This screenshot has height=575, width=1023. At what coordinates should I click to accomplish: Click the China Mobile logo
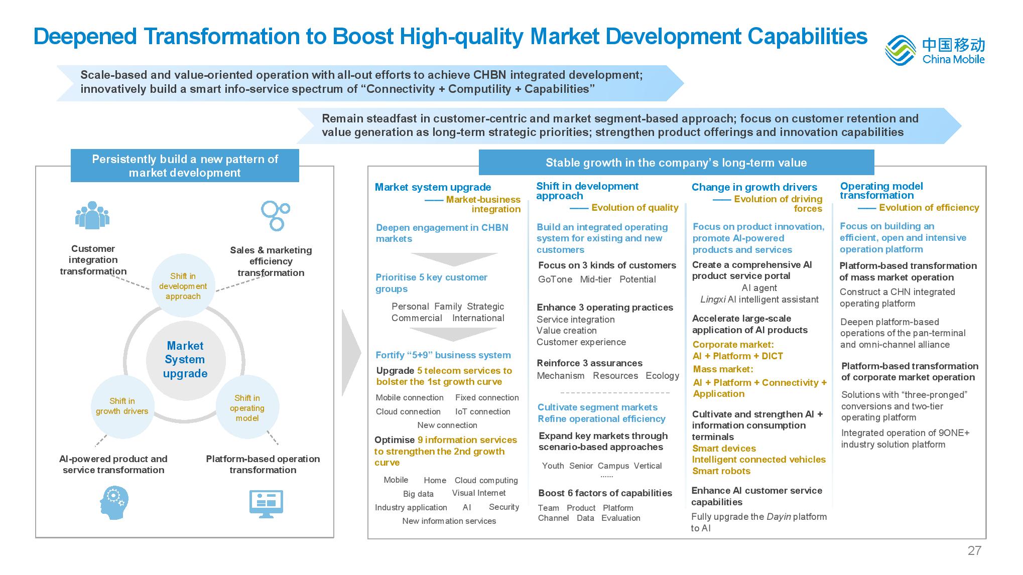(935, 50)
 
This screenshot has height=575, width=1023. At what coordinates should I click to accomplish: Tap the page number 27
(974, 550)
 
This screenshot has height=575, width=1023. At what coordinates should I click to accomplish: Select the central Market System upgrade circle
(185, 360)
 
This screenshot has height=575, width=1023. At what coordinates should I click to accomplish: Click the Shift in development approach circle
(183, 286)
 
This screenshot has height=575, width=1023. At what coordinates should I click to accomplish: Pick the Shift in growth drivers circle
(122, 406)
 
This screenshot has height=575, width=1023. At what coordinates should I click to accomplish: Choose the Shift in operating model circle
(247, 407)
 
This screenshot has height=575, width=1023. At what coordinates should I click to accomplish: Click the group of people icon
(92, 215)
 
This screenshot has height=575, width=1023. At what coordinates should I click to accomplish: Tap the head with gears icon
(114, 503)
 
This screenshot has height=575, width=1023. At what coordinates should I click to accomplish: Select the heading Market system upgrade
(433, 187)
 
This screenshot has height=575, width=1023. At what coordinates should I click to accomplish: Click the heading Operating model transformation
(881, 191)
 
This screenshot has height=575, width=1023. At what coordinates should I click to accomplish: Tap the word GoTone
(555, 279)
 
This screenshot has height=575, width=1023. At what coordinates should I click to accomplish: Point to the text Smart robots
(721, 471)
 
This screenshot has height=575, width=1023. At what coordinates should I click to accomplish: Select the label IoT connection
(482, 411)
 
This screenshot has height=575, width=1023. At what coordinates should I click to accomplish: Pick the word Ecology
(662, 376)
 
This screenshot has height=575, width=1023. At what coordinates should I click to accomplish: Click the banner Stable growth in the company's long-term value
(676, 163)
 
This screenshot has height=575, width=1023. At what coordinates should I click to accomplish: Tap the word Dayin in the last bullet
(779, 517)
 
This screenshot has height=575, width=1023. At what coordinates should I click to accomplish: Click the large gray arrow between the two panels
(351, 353)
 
